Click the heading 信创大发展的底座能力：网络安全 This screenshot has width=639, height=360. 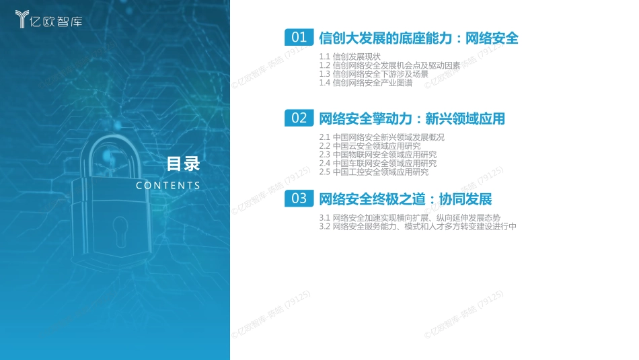[x=418, y=38]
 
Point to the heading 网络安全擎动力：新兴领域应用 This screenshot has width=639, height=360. [x=412, y=119]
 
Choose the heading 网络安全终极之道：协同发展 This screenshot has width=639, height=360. [x=405, y=199]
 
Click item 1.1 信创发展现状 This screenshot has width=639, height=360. [x=350, y=56]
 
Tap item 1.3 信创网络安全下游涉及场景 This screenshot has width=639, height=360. [x=373, y=74]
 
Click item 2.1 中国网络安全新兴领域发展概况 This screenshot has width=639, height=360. [x=381, y=137]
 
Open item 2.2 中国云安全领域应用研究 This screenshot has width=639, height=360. [x=369, y=146]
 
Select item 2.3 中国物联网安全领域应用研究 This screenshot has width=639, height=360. [x=377, y=155]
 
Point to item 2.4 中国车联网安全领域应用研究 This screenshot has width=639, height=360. [x=377, y=164]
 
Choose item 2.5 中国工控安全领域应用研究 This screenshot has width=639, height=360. [x=373, y=172]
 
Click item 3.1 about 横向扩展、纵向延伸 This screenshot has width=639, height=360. [x=410, y=218]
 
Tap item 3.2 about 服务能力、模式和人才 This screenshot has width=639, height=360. [x=418, y=227]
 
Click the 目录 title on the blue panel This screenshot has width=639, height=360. [x=184, y=164]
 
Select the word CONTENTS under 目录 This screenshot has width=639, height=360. [x=168, y=186]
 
